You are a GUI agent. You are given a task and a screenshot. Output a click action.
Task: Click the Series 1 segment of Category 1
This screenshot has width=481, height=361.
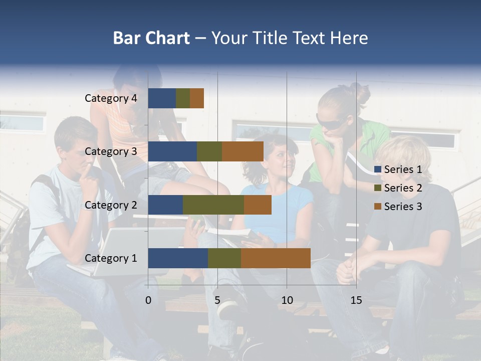pos(178,258)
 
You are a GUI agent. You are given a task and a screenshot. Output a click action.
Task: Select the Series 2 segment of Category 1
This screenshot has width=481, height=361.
pos(224,258)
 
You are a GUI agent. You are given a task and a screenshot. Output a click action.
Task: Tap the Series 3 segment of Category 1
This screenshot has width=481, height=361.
pos(276,258)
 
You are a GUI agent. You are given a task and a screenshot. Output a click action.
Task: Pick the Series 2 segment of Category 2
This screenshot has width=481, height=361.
pos(213,205)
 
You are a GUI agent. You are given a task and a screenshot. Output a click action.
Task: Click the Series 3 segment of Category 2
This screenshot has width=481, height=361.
pos(258,205)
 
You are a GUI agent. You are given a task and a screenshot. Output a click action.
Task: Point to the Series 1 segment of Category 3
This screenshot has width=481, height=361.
pos(172,151)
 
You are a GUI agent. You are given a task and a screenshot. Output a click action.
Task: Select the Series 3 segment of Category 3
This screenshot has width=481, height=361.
pos(243,151)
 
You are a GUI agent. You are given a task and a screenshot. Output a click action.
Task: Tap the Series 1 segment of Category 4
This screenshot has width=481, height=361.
pos(162,98)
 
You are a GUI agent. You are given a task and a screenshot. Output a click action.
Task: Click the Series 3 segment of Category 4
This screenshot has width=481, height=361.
pos(197,98)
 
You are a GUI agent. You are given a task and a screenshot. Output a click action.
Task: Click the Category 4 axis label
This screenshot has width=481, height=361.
pos(111,98)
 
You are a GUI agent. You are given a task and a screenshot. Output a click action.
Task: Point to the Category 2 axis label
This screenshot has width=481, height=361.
pos(111,205)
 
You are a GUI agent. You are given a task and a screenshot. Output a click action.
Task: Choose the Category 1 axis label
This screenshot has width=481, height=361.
pos(111,258)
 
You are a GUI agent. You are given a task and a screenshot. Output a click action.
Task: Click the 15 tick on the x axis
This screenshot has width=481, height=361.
pos(356,300)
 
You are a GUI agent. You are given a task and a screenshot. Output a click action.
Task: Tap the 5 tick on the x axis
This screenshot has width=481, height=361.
pos(217,300)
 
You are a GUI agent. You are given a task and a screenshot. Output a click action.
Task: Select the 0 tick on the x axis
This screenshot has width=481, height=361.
pos(148,300)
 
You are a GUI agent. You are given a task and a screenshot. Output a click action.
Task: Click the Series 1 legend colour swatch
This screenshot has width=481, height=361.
pos(378,169)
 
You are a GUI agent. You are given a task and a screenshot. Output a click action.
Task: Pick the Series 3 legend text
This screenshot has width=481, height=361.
pos(403,206)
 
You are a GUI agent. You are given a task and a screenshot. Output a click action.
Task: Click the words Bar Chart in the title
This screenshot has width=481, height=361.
pos(151,38)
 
